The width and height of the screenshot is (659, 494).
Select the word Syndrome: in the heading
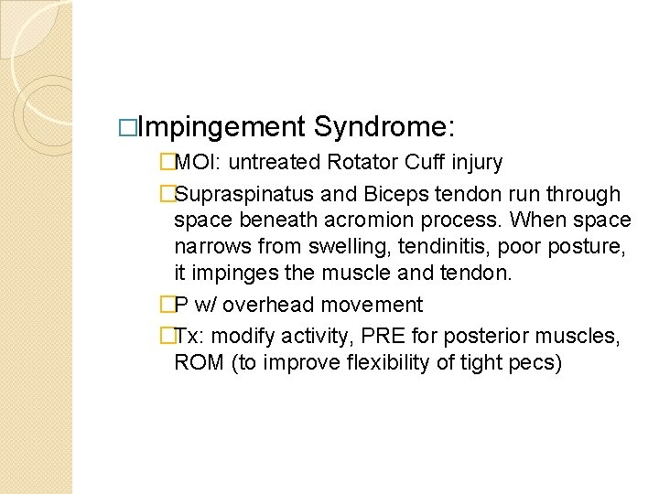[x=385, y=126]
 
